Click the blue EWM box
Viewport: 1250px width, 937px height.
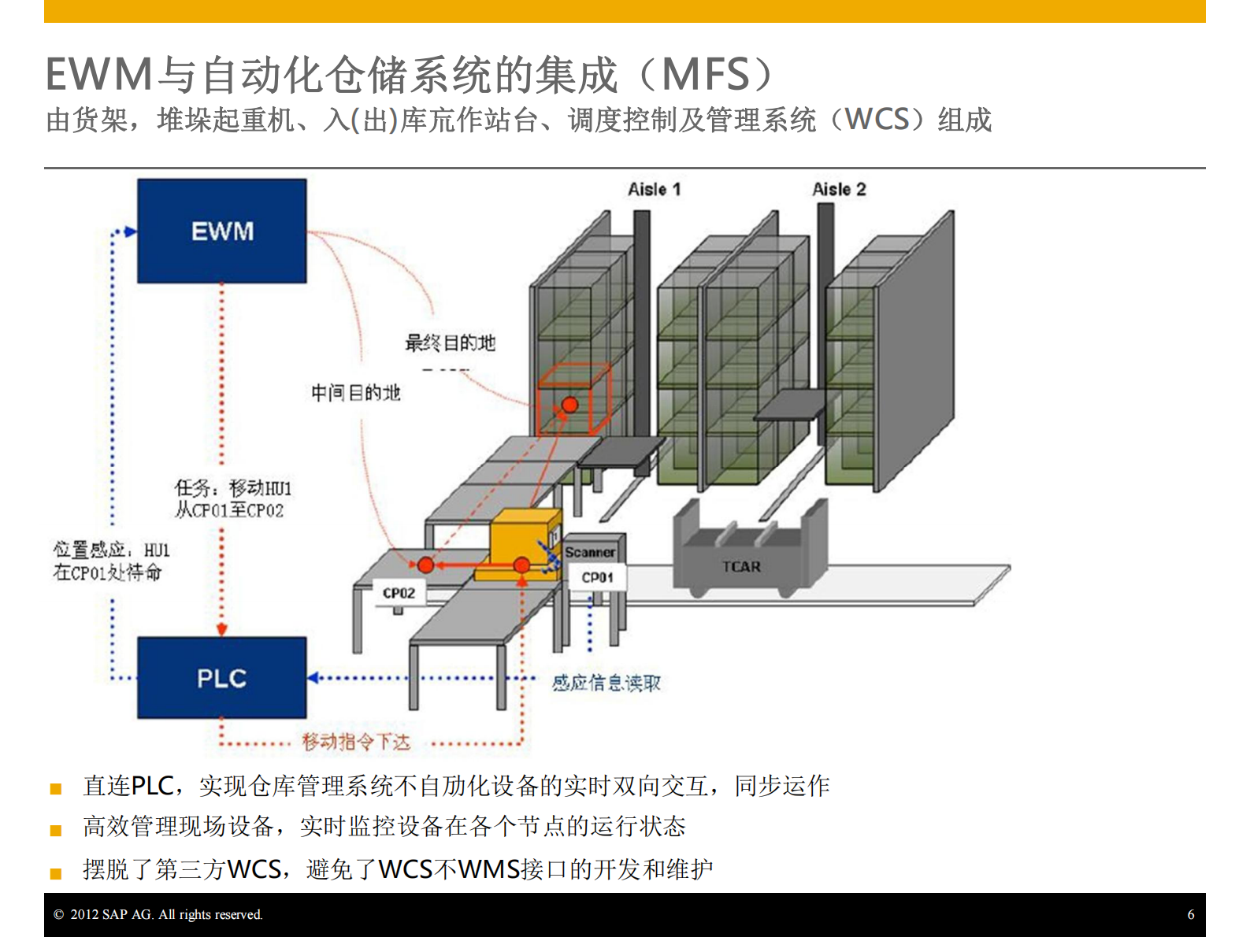point(221,231)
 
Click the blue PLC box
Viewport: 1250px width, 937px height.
point(221,678)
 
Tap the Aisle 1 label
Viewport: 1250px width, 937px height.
point(654,189)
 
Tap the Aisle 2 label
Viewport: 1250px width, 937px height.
point(839,189)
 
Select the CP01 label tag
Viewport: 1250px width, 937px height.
point(597,577)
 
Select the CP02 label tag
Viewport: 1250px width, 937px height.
point(399,593)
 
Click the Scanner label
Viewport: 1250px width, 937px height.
point(590,552)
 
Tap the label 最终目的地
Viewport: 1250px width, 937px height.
point(450,343)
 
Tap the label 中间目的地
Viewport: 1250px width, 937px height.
point(355,392)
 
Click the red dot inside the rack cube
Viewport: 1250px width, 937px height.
point(569,406)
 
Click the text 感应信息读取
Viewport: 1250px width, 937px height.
point(606,683)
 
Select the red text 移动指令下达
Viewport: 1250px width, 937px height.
point(356,742)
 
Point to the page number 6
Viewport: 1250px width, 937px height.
point(1190,914)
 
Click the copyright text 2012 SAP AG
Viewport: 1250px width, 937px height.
point(158,914)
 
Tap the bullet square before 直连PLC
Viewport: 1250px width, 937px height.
point(56,789)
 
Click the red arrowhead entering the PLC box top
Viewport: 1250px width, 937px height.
point(221,629)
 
